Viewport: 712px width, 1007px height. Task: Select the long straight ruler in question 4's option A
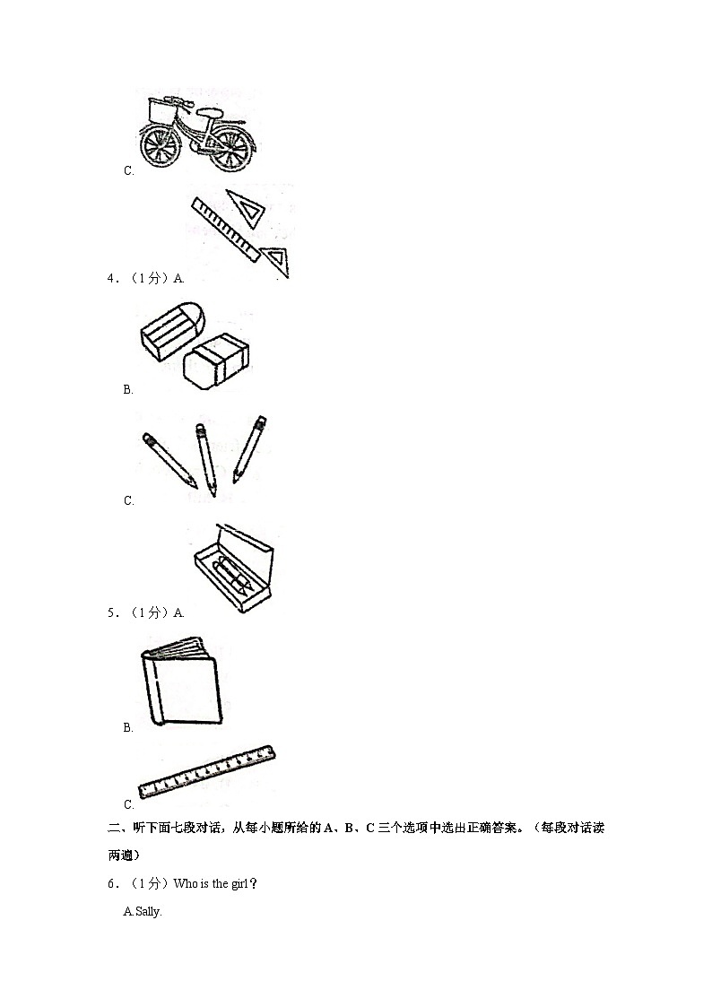click(225, 230)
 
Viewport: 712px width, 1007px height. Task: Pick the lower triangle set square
click(278, 260)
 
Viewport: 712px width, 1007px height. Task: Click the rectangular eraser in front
click(216, 361)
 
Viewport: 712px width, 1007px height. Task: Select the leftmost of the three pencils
click(169, 460)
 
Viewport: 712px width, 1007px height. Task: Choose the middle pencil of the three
click(206, 458)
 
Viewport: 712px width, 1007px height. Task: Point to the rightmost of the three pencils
click(249, 448)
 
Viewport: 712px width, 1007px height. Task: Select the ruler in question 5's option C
click(207, 771)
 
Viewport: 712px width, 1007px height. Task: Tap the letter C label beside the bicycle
click(128, 170)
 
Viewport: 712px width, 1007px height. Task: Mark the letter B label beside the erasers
click(128, 389)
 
